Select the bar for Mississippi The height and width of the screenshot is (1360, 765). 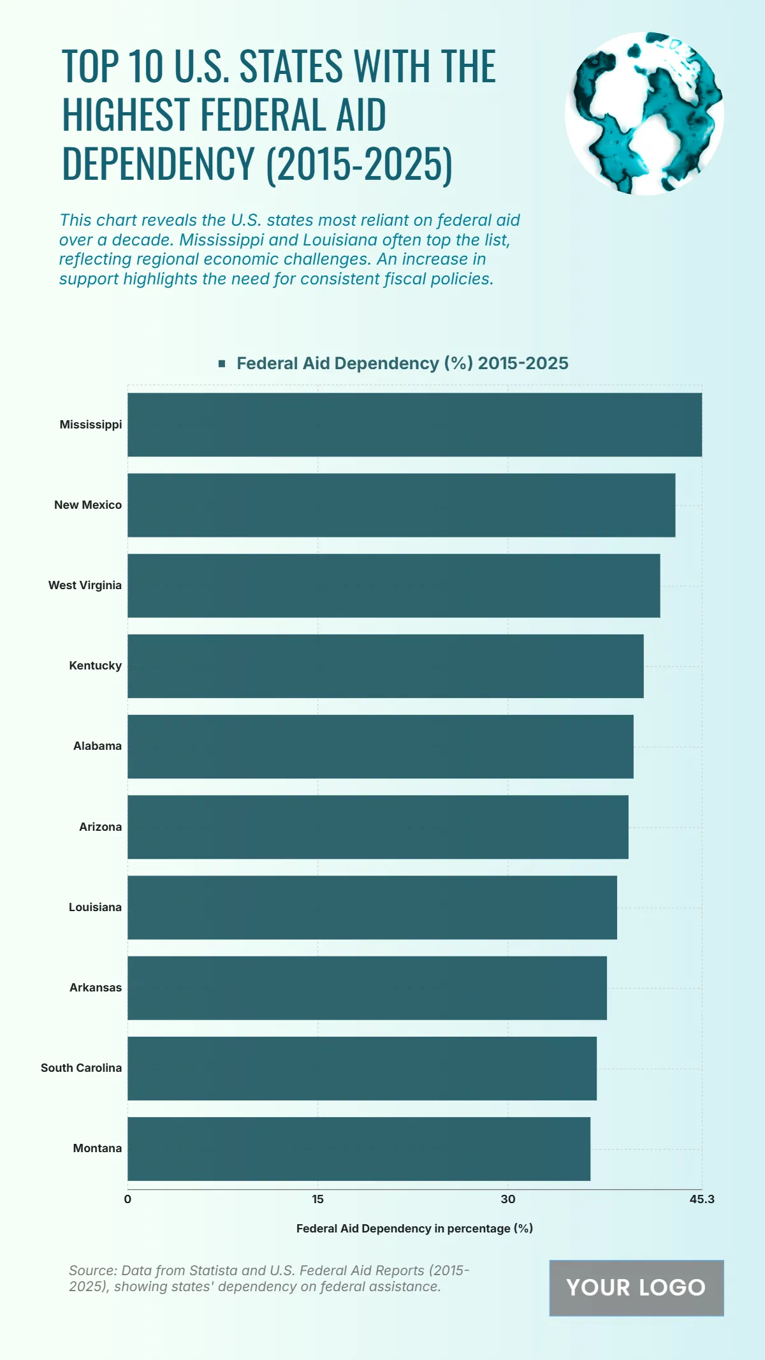tap(414, 425)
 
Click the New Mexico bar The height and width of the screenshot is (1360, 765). tap(401, 505)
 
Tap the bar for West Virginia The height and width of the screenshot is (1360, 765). tap(393, 585)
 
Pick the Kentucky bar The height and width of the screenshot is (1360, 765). tap(385, 666)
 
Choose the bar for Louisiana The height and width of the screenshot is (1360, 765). tap(372, 907)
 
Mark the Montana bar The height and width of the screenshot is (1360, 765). tap(358, 1148)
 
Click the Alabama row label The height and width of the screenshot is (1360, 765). tap(98, 746)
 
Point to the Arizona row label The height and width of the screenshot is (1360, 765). tap(100, 827)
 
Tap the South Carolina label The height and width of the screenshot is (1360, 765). tap(81, 1068)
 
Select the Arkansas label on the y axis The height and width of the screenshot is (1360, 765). tap(96, 988)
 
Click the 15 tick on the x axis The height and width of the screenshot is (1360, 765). tap(317, 1199)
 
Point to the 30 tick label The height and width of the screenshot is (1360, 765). tap(507, 1199)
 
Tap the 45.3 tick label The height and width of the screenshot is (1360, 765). tap(702, 1199)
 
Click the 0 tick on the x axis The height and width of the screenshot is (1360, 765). tap(127, 1199)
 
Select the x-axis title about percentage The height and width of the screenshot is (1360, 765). tap(414, 1229)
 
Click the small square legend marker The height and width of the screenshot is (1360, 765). tap(222, 363)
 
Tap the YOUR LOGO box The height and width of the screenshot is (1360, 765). tap(636, 1287)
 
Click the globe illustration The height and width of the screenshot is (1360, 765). tap(644, 113)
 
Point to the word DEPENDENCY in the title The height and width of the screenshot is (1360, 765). tap(158, 165)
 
